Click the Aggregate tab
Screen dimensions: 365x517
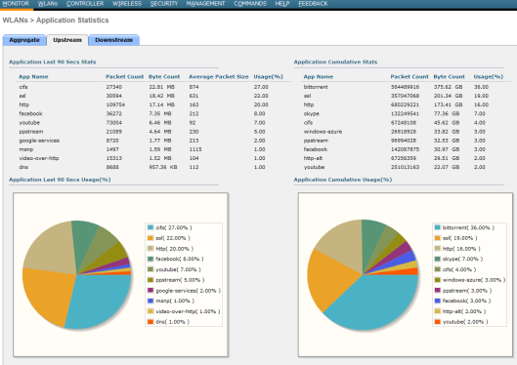(24, 40)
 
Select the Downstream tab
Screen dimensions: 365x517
(113, 40)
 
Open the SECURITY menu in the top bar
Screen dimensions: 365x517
(163, 5)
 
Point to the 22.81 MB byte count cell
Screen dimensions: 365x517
(160, 86)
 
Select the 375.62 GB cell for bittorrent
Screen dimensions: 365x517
(448, 86)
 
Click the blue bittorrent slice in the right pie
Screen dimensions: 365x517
(371, 303)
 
